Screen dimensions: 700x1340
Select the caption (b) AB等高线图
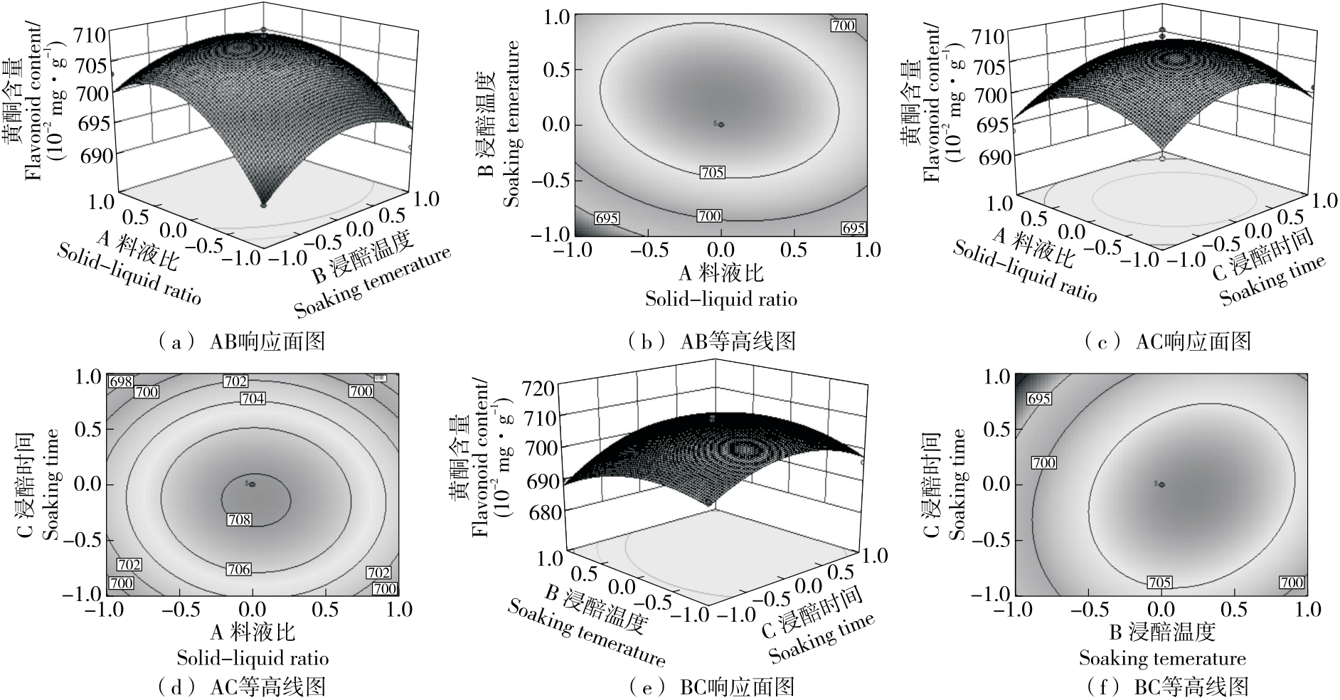click(711, 342)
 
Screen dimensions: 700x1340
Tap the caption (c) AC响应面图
click(1166, 342)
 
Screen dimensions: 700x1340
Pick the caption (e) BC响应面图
click(711, 686)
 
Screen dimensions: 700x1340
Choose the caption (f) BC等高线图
click(1166, 686)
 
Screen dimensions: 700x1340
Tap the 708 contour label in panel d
click(239, 519)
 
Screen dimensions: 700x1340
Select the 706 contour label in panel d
click(239, 568)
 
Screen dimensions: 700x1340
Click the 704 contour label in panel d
click(252, 398)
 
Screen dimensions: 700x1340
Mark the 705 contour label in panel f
click(1159, 583)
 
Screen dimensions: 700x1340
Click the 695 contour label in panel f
click(1039, 398)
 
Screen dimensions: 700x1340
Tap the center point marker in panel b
click(721, 124)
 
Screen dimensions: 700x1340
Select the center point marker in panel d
click(252, 484)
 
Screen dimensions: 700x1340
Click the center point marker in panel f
click(1162, 484)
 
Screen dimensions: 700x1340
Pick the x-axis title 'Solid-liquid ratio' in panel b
click(720, 299)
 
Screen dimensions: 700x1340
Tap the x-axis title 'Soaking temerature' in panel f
click(1162, 658)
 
